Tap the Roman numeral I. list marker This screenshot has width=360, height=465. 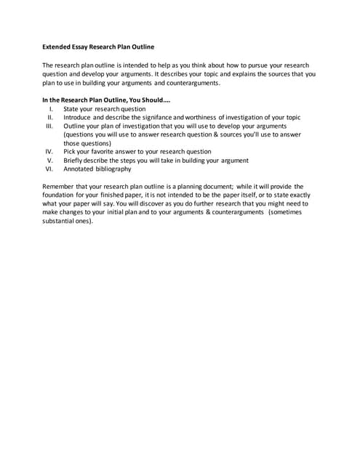pyautogui.click(x=51, y=109)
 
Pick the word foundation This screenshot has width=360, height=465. pyautogui.click(x=61, y=195)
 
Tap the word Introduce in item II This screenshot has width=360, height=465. pyautogui.click(x=79, y=118)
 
